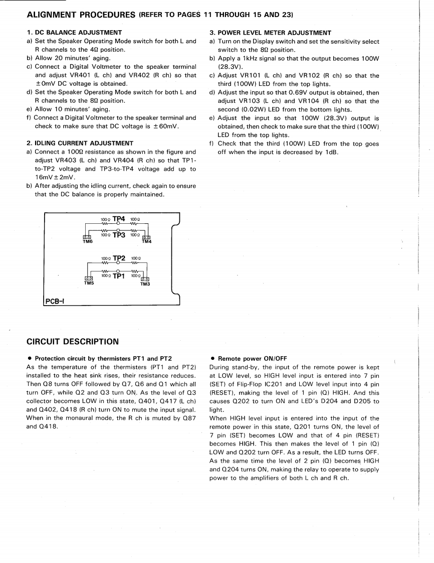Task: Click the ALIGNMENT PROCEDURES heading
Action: pyautogui.click(x=81, y=15)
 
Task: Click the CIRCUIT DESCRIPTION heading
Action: pyautogui.click(x=72, y=342)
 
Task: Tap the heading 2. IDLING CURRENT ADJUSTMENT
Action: pyautogui.click(x=80, y=143)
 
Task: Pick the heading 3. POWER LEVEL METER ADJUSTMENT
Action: pyautogui.click(x=270, y=33)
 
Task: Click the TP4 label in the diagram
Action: pyautogui.click(x=119, y=219)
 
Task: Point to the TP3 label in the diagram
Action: pyautogui.click(x=119, y=234)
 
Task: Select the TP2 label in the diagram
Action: pyautogui.click(x=119, y=258)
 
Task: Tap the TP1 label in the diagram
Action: pyautogui.click(x=119, y=275)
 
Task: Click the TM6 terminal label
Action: pyautogui.click(x=88, y=242)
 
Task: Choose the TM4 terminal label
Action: pyautogui.click(x=147, y=242)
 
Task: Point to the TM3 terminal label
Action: pyautogui.click(x=145, y=285)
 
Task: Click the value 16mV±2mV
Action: pyautogui.click(x=55, y=177)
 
